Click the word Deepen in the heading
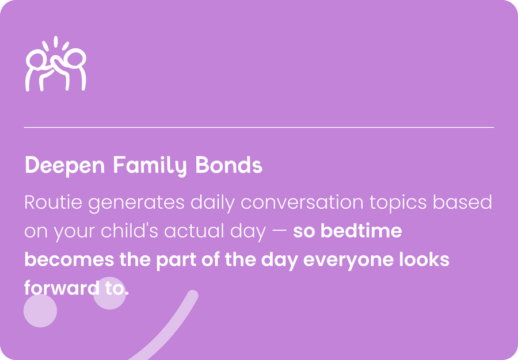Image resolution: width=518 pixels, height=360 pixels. tap(64, 165)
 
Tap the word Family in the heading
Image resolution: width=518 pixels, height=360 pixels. tap(150, 165)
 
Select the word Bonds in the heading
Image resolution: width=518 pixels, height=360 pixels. tap(228, 164)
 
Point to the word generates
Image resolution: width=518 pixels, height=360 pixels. tap(136, 203)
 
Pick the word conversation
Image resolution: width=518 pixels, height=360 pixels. tap(302, 202)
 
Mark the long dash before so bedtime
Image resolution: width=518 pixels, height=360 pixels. tap(280, 232)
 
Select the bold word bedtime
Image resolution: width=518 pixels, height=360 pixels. tap(361, 231)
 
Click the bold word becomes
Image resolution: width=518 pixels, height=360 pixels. tap(70, 259)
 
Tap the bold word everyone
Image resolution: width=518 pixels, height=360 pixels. tap(348, 261)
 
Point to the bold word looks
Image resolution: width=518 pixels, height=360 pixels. tap(424, 259)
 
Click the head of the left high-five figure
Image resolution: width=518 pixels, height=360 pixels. tap(36, 59)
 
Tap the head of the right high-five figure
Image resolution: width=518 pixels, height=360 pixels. tap(76, 58)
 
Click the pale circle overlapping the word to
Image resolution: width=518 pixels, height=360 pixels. tap(110, 293)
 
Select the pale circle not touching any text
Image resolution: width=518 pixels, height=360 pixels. tap(40, 311)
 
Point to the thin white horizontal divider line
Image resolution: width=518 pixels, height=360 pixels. tap(259, 127)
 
